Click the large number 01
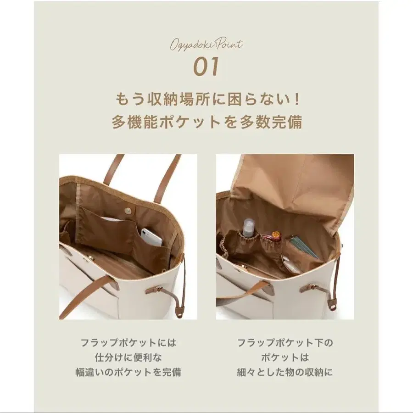pyautogui.click(x=206, y=67)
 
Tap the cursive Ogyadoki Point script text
pyautogui.click(x=206, y=45)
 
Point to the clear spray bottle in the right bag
pyautogui.click(x=249, y=228)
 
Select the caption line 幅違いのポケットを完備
pyautogui.click(x=128, y=372)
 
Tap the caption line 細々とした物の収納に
pyautogui.click(x=285, y=372)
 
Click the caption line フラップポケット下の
pyautogui.click(x=285, y=342)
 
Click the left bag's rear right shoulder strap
pyautogui.click(x=166, y=177)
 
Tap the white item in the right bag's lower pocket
pyautogui.click(x=292, y=265)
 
